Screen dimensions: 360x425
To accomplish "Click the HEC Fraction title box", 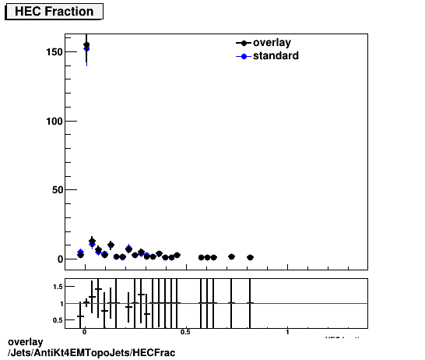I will [x=54, y=12].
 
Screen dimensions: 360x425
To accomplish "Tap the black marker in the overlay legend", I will [x=244, y=43].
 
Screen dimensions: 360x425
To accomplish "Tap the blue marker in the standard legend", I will [x=244, y=56].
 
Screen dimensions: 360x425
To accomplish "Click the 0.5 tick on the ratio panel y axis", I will [x=57, y=319].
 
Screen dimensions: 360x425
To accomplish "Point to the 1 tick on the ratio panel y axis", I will [x=60, y=303].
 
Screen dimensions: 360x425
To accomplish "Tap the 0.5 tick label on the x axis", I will [x=185, y=333].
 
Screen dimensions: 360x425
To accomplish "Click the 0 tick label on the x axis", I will [x=85, y=333].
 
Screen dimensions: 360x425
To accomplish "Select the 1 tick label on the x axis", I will [x=287, y=333].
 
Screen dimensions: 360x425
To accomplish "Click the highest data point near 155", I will [x=86, y=45].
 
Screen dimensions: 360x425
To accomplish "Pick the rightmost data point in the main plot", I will [x=250, y=257].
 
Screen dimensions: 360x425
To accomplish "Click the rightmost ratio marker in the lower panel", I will [x=250, y=302].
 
